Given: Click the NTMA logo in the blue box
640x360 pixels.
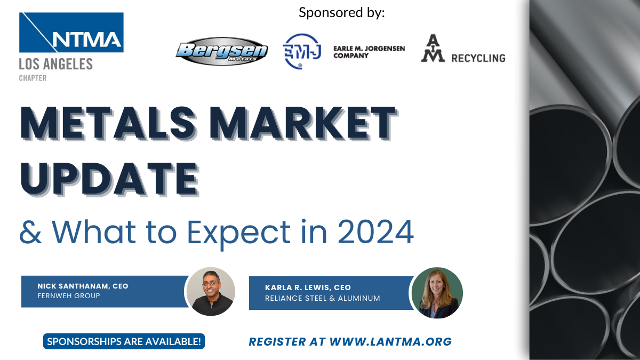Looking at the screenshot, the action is tap(71, 33).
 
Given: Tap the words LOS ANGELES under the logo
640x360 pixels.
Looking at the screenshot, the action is tap(55, 64).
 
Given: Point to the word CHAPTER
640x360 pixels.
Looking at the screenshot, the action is tap(33, 78).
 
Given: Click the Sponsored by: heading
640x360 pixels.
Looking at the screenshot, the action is tap(342, 13).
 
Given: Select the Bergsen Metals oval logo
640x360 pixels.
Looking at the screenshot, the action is tap(222, 51).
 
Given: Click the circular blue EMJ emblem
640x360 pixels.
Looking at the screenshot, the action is tap(302, 51).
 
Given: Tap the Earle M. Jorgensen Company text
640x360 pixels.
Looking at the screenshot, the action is tap(369, 52).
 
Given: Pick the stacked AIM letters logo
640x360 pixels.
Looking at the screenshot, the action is tap(433, 48).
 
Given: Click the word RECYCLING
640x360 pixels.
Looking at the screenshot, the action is tap(478, 58).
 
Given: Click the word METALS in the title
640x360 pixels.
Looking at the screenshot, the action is tap(108, 123).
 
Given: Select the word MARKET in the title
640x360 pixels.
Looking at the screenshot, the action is tap(303, 123).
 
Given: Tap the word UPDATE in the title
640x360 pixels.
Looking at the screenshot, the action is tap(109, 179).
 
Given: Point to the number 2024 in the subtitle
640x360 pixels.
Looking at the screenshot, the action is tap(375, 231).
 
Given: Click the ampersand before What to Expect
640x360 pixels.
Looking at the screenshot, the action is tap(30, 231).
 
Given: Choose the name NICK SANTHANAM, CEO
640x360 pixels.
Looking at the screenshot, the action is tap(83, 286).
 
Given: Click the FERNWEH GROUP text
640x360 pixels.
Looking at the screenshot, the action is tap(69, 295).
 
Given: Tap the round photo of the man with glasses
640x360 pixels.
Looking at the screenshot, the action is tap(211, 291).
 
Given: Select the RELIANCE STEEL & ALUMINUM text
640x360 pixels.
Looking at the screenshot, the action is tap(322, 298).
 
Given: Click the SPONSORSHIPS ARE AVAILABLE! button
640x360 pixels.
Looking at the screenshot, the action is tap(124, 341).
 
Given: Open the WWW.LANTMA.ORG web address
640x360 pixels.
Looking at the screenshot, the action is tap(390, 342).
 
